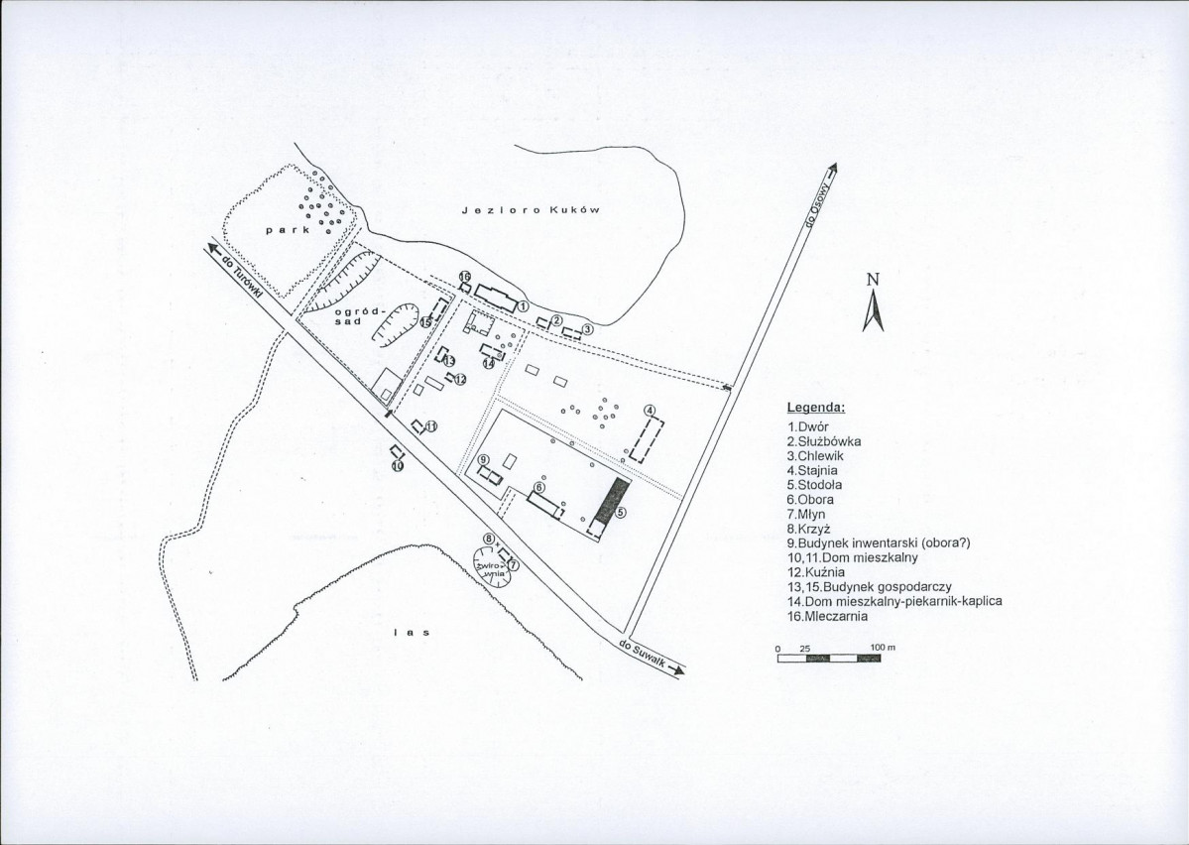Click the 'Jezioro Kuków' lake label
(531, 210)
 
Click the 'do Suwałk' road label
(643, 654)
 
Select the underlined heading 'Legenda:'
(816, 408)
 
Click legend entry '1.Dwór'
(808, 427)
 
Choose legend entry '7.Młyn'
(806, 515)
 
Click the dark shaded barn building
(612, 502)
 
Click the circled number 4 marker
(650, 411)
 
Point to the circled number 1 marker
(524, 306)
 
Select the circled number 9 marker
(483, 460)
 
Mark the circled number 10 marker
(398, 466)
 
